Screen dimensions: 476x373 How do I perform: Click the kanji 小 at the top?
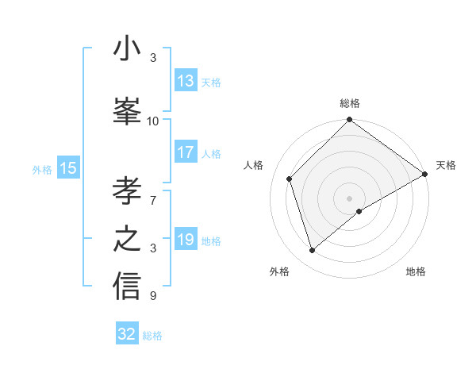(x=127, y=49)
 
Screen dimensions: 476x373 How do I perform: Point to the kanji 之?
(x=127, y=237)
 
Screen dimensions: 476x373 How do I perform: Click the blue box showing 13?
(x=186, y=81)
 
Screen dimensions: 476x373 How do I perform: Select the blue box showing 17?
(x=186, y=153)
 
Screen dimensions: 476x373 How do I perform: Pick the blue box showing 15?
(x=68, y=168)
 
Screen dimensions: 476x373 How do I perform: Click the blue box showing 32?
(x=127, y=335)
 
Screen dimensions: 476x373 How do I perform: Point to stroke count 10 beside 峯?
(x=153, y=121)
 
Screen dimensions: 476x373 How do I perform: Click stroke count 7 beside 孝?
(x=153, y=193)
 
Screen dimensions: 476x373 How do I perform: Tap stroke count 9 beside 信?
(x=153, y=296)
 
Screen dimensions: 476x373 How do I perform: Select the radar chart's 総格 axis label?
(x=350, y=103)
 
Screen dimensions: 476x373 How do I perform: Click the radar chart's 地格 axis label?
(x=416, y=272)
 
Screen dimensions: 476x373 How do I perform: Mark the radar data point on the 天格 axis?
(x=425, y=174)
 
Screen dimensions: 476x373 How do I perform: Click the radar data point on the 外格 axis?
(x=312, y=251)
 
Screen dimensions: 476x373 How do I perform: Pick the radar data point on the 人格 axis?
(x=290, y=179)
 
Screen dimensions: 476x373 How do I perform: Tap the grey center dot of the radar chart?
(x=350, y=198)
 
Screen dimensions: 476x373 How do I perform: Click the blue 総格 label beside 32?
(x=152, y=336)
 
